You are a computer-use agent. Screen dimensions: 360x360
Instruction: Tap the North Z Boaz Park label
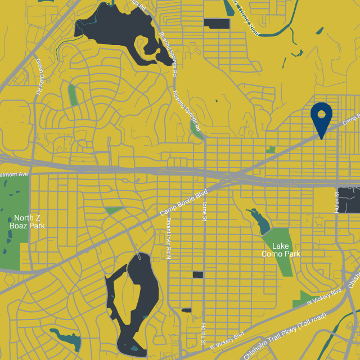[26, 222]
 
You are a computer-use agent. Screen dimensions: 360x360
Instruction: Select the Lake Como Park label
[281, 250]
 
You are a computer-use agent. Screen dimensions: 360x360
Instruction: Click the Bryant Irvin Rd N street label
[168, 239]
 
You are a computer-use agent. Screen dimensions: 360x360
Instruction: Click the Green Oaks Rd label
[39, 75]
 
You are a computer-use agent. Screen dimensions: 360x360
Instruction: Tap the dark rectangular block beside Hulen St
[349, 200]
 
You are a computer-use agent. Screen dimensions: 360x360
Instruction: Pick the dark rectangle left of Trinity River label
[217, 23]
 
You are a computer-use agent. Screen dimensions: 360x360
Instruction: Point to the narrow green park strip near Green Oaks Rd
[72, 94]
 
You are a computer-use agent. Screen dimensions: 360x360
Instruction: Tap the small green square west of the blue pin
[271, 150]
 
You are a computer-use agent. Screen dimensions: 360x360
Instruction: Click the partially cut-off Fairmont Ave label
[14, 175]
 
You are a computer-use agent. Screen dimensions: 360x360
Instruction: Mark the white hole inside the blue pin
[321, 114]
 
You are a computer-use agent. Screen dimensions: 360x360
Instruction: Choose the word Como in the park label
[273, 254]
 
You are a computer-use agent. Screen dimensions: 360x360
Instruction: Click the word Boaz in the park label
[19, 226]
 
